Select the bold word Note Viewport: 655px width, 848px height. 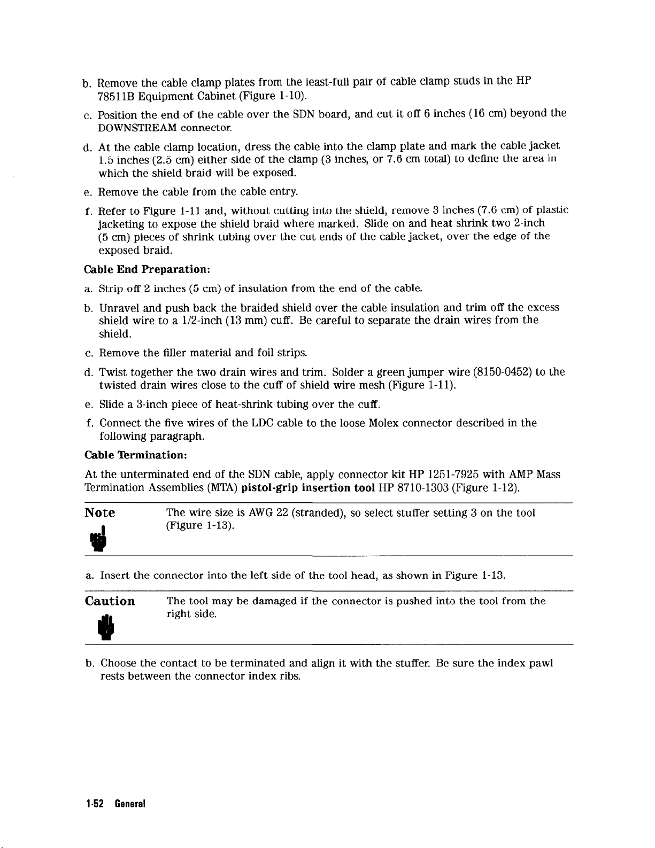(x=100, y=513)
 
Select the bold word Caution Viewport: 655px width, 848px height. (x=110, y=601)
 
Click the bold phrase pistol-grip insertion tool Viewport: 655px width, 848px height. (x=307, y=487)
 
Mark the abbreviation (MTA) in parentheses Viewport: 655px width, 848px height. (x=222, y=487)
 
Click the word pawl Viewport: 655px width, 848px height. (x=541, y=663)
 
